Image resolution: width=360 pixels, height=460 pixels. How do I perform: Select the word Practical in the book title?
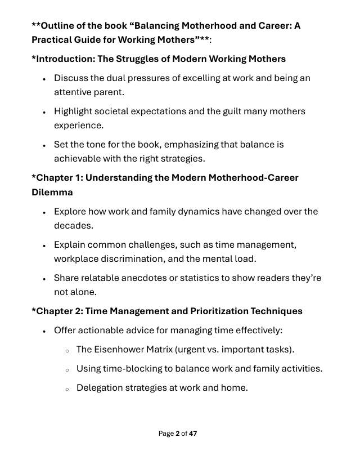[x=55, y=41]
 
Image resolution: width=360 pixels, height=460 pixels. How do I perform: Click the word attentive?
[x=75, y=92]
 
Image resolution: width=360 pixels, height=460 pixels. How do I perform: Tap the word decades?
[x=73, y=225]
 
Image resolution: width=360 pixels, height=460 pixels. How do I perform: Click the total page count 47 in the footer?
[x=193, y=433]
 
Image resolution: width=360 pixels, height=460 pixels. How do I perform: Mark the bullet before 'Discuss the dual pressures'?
[x=44, y=78]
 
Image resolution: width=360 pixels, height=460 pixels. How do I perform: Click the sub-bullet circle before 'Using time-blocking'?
[x=67, y=369]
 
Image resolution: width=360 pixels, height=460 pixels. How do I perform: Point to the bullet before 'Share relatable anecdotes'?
[x=44, y=278]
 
